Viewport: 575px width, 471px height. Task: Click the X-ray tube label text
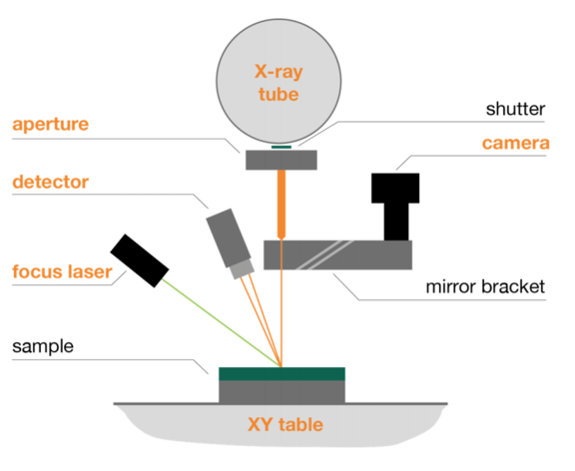pyautogui.click(x=279, y=83)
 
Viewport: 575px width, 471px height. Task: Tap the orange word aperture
pyautogui.click(x=51, y=125)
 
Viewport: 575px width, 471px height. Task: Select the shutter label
pyautogui.click(x=515, y=109)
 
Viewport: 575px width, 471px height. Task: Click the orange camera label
pyautogui.click(x=515, y=144)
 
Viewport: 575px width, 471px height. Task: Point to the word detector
pyautogui.click(x=51, y=182)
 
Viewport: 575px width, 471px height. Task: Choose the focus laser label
pyautogui.click(x=62, y=271)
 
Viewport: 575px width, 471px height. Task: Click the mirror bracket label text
pyautogui.click(x=485, y=286)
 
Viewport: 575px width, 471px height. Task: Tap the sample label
pyautogui.click(x=43, y=346)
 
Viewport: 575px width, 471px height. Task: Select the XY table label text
pyautogui.click(x=286, y=425)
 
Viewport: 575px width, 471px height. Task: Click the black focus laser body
pyautogui.click(x=140, y=260)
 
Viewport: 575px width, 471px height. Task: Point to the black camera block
pyautogui.click(x=395, y=207)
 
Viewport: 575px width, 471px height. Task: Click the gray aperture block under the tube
pyautogui.click(x=282, y=160)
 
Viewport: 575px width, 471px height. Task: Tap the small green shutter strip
pyautogui.click(x=282, y=147)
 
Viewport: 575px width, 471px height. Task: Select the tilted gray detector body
pyautogui.click(x=228, y=238)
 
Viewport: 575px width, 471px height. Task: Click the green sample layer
pyautogui.click(x=282, y=374)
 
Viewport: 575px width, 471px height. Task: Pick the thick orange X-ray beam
pyautogui.click(x=282, y=205)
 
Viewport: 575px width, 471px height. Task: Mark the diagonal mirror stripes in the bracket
pyautogui.click(x=324, y=255)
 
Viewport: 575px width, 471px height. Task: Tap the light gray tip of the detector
pyautogui.click(x=242, y=269)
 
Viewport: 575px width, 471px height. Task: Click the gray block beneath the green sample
pyautogui.click(x=282, y=392)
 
